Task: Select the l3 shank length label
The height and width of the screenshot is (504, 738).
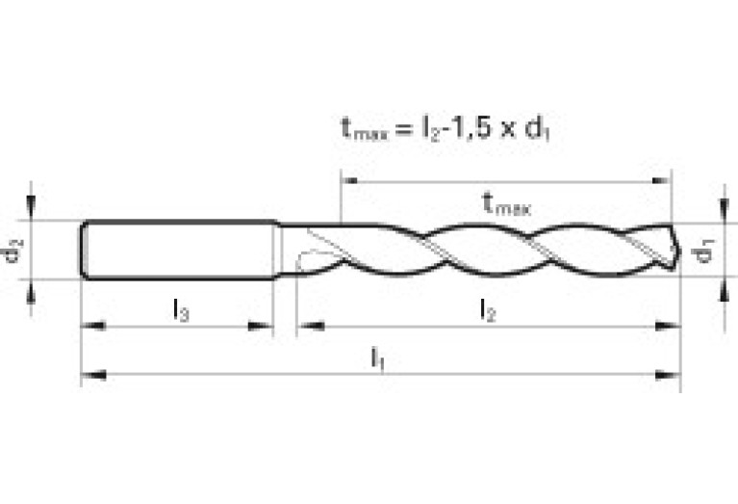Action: pos(181,309)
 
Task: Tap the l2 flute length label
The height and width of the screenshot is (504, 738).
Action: pos(489,309)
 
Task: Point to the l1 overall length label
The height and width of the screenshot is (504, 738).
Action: pos(379,358)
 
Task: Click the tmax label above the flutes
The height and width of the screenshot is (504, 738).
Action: pos(506,203)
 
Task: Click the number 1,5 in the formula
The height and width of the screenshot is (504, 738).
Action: pos(473,128)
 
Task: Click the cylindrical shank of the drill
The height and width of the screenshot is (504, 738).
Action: pos(178,251)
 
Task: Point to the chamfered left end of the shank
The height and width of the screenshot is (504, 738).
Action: pos(84,251)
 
